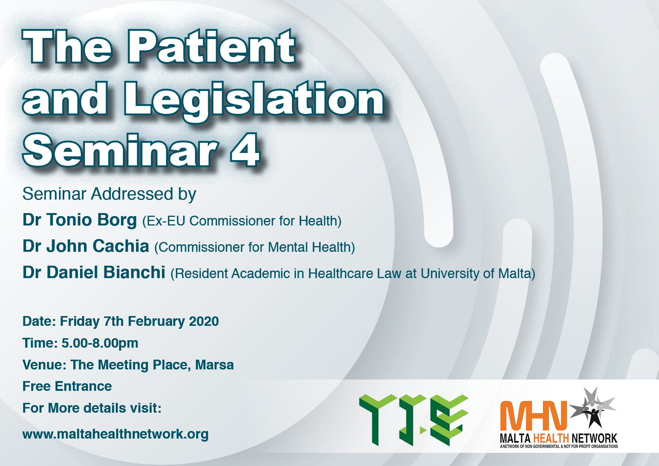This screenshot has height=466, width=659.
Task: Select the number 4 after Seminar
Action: [x=245, y=150]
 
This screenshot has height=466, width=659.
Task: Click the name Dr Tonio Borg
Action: [x=80, y=220]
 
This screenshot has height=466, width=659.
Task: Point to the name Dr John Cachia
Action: [x=86, y=246]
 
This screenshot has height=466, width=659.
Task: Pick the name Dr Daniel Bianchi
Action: [x=94, y=272]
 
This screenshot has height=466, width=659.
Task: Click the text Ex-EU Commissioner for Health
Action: [x=242, y=221]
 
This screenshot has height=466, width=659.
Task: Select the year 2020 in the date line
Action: [x=204, y=321]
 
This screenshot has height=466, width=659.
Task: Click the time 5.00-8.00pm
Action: [x=100, y=343]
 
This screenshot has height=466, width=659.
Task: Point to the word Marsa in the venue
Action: [x=215, y=365]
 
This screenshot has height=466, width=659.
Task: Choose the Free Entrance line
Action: [x=67, y=386]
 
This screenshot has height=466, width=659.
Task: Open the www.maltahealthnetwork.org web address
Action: [x=115, y=434]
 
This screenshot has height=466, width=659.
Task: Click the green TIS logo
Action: [x=414, y=420]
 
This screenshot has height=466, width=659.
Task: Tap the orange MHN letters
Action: [x=534, y=416]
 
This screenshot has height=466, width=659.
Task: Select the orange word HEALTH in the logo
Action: [x=551, y=438]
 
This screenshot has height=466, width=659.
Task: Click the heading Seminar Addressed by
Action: [x=109, y=194]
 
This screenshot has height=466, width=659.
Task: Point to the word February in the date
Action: [x=156, y=322]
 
